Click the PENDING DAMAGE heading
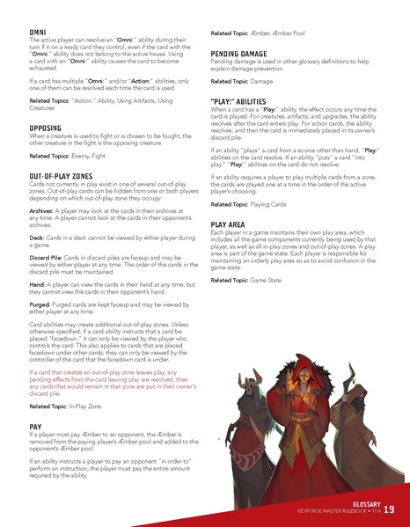pos(246,54)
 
